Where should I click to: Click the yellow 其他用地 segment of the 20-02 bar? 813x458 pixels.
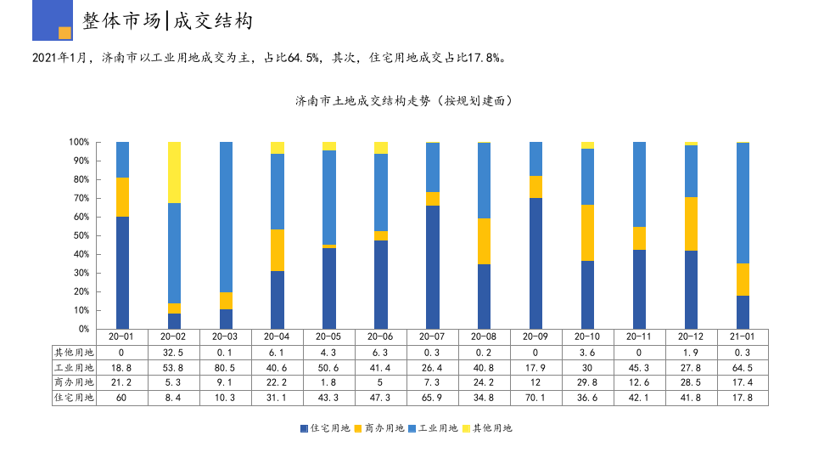coord(174,172)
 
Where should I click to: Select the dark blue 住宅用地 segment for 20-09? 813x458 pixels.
coord(535,263)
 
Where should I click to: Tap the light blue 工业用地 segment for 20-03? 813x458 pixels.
coord(226,217)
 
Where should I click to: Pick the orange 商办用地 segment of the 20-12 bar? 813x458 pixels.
coord(691,223)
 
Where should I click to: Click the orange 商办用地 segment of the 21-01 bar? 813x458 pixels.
coord(743,280)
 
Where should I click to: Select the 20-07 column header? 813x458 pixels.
coord(432,336)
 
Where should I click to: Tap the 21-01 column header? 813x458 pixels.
coord(743,336)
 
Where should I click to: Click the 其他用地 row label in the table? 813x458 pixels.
coord(75,352)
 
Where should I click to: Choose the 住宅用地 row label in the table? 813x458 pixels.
coord(75,397)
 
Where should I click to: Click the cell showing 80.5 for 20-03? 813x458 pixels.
coord(226,367)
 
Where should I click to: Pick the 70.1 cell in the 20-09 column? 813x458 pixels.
coord(535,397)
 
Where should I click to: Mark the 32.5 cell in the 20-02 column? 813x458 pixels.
coord(174,352)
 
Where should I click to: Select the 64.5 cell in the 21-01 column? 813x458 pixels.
coord(743,367)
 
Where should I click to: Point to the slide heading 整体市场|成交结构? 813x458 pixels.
coord(168,20)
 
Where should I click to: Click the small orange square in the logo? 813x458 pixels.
coord(64,33)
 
